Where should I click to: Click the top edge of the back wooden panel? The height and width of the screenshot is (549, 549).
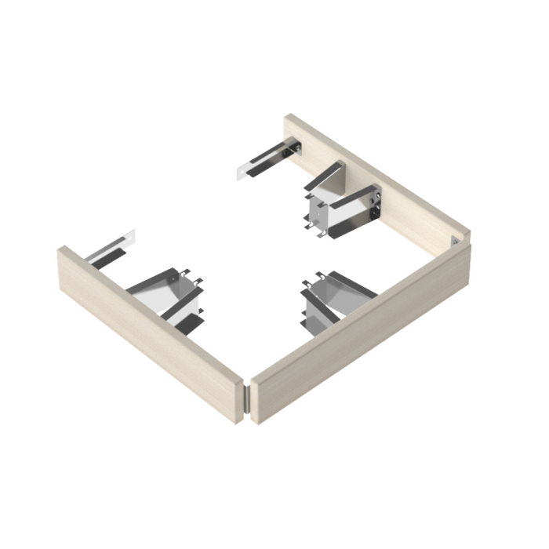pos(376,171)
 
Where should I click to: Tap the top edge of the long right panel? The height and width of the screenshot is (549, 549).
pos(361,302)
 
